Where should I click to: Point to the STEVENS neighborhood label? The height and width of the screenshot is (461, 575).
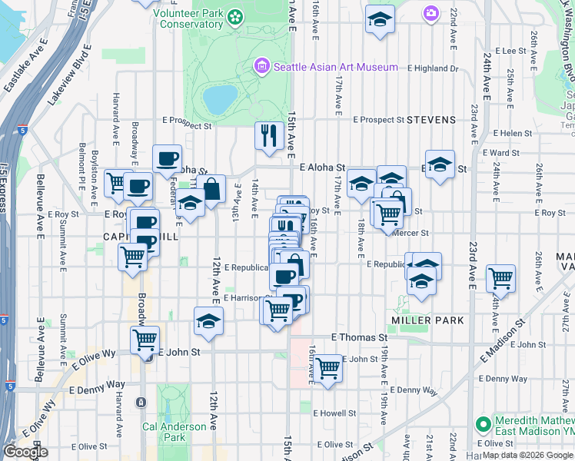(431, 120)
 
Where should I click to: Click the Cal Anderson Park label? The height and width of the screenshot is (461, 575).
(174, 432)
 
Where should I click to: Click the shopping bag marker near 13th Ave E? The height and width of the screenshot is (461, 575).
(211, 187)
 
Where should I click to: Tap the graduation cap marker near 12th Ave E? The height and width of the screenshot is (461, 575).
(208, 321)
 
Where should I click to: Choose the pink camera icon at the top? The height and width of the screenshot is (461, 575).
(430, 12)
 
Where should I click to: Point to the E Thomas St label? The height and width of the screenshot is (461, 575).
(360, 337)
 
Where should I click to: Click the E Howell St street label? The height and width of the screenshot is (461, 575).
(332, 413)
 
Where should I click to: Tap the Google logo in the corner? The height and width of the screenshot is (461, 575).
(25, 452)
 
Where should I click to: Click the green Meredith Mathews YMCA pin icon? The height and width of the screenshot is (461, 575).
(482, 423)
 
